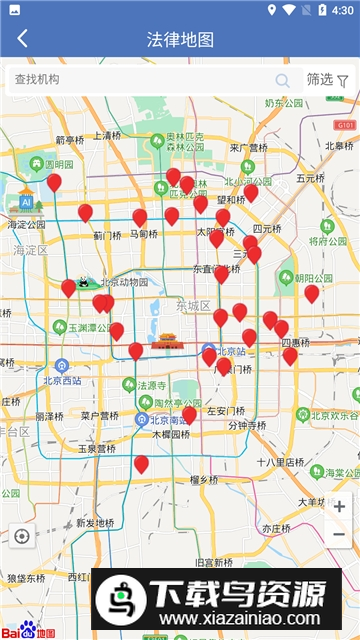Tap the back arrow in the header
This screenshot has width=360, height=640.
click(22, 40)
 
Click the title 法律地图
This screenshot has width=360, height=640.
click(180, 40)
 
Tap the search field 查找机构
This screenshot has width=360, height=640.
click(140, 80)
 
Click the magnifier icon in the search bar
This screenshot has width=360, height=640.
click(283, 80)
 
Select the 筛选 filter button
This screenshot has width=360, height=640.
click(327, 80)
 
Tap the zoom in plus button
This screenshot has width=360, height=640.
click(339, 507)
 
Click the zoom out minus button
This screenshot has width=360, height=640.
click(339, 535)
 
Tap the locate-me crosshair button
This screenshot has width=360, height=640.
click(22, 536)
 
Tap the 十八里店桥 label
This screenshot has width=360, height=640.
click(279, 462)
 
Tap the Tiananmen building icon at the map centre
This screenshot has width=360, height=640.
click(165, 342)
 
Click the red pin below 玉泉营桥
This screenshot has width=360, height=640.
click(141, 464)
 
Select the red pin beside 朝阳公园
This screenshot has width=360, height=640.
click(311, 293)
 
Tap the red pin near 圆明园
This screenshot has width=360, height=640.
click(54, 182)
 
